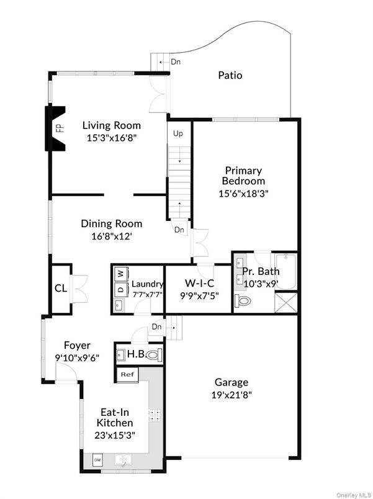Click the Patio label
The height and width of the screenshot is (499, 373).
(230, 76)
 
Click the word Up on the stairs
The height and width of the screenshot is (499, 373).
(178, 133)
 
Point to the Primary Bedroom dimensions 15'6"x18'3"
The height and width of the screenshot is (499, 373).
(244, 193)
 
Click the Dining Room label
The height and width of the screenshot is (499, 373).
(112, 223)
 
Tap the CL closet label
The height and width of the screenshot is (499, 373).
(60, 289)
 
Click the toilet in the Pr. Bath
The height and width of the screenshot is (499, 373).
(243, 302)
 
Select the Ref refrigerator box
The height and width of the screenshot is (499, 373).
(127, 374)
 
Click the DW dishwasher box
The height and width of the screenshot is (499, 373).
(97, 460)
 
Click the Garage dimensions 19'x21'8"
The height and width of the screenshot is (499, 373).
(231, 394)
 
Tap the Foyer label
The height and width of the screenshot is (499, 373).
(78, 346)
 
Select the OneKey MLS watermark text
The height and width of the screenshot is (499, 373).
(352, 494)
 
